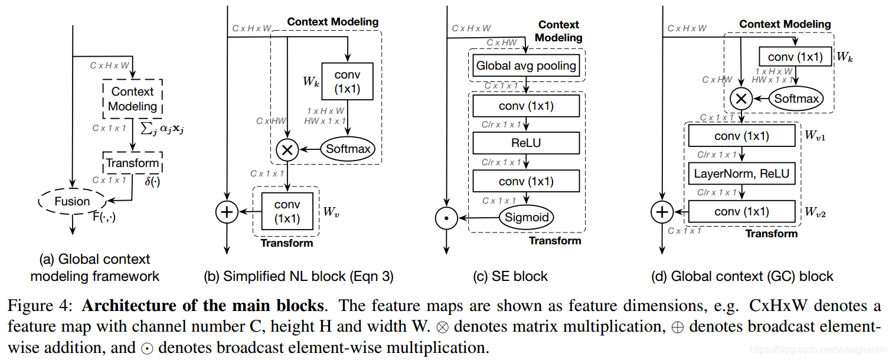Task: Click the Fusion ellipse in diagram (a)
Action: tap(72, 201)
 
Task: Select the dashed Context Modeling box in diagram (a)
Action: tap(133, 99)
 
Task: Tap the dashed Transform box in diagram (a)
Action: tap(132, 163)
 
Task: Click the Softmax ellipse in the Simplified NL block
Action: tap(348, 149)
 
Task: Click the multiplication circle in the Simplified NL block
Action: tap(287, 149)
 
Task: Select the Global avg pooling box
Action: tap(526, 66)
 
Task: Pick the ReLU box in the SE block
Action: tap(526, 143)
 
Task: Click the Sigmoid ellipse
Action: tap(527, 217)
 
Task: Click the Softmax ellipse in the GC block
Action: tap(796, 98)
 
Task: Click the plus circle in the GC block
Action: tap(662, 211)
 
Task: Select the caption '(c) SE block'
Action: tap(511, 276)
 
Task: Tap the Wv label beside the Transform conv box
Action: tap(331, 212)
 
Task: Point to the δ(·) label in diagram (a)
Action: tap(152, 181)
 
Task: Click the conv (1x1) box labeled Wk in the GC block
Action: tap(795, 57)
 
